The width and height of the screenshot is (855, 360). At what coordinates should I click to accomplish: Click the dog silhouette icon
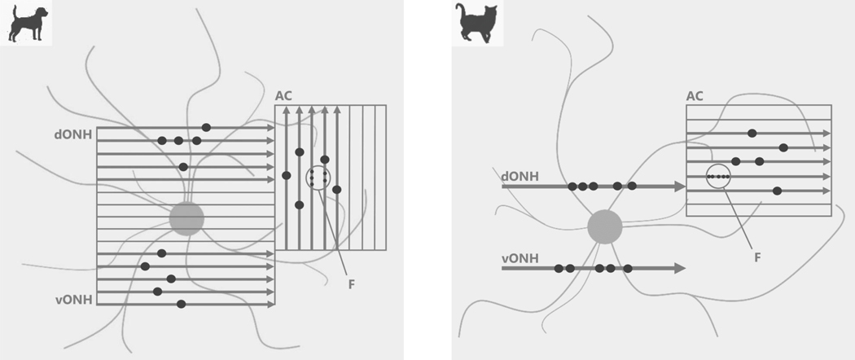click(26, 23)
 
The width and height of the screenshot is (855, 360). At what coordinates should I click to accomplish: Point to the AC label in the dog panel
click(283, 96)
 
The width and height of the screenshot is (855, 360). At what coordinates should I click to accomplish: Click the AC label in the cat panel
click(695, 96)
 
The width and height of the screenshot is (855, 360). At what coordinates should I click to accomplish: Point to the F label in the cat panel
click(757, 257)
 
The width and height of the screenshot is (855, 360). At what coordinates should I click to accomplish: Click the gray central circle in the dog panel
click(187, 218)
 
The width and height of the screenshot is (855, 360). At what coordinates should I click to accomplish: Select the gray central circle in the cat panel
click(605, 226)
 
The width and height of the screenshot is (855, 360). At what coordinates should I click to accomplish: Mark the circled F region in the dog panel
click(318, 178)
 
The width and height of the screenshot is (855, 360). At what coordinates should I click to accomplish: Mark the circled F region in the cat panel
click(718, 176)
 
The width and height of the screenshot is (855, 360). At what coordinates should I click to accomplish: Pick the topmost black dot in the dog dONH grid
click(206, 127)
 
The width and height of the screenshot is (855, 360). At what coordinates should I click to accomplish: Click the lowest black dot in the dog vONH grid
click(181, 304)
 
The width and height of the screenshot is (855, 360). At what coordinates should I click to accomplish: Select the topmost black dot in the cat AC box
click(752, 133)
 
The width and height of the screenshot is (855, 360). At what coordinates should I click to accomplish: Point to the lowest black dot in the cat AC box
click(778, 191)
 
